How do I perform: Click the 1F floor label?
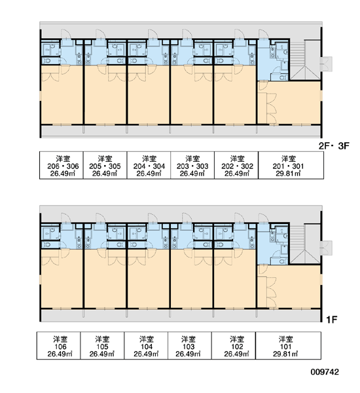click(x=331, y=320)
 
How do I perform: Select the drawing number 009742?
click(x=325, y=371)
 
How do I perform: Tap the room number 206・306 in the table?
click(x=63, y=166)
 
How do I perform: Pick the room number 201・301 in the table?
click(x=288, y=166)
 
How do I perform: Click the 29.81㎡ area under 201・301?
click(x=288, y=174)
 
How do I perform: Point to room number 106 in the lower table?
click(x=60, y=346)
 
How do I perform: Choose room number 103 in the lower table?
click(x=188, y=346)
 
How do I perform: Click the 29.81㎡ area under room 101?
click(x=285, y=354)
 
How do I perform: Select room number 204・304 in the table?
click(x=149, y=166)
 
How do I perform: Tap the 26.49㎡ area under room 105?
click(x=102, y=354)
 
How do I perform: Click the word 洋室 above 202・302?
click(x=237, y=159)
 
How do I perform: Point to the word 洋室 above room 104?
click(x=147, y=339)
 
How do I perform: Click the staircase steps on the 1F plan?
click(x=297, y=236)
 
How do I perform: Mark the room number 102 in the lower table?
click(x=237, y=346)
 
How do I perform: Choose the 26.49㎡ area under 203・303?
click(x=192, y=174)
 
